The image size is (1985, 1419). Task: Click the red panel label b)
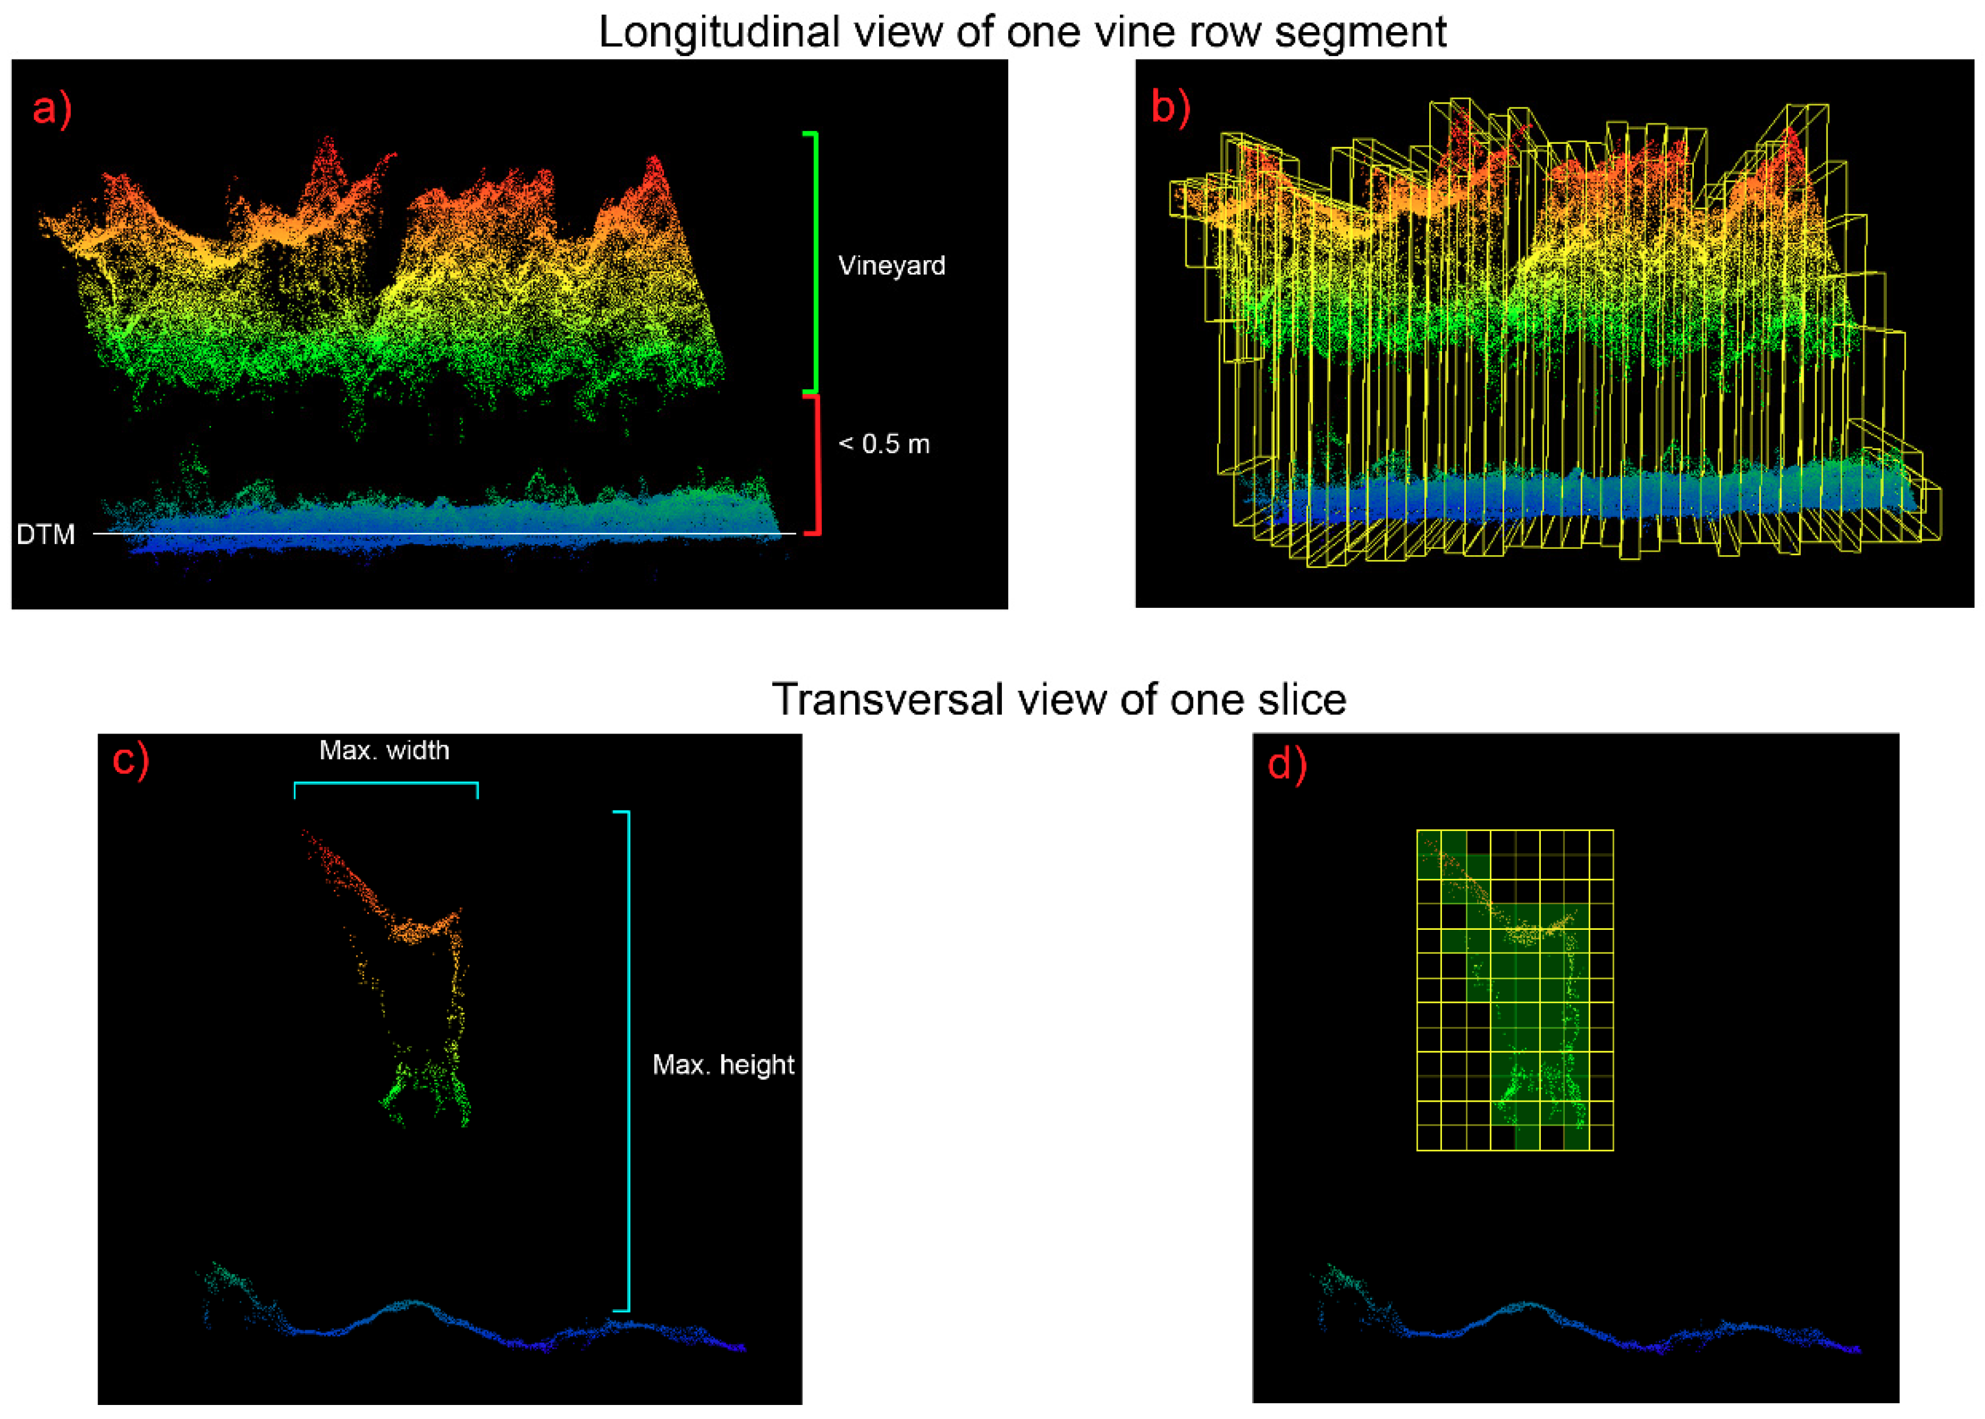[1169, 108]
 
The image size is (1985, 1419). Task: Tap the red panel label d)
[1286, 764]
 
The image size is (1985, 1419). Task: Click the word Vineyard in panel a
[891, 266]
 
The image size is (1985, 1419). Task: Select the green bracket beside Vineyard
[815, 262]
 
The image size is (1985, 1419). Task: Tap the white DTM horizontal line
[437, 533]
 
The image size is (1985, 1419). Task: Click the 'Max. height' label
[722, 1065]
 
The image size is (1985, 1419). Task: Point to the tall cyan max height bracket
[627, 1062]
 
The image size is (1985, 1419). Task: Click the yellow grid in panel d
[1514, 990]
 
